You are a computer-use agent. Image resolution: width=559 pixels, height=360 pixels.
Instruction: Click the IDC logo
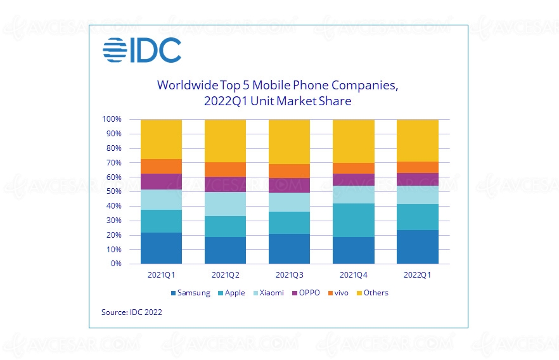(142, 51)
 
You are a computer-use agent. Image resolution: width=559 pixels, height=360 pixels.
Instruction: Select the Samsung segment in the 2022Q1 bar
(417, 247)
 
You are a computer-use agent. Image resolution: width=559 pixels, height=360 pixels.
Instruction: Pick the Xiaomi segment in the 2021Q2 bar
(225, 204)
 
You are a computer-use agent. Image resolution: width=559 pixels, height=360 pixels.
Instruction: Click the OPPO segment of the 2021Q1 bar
(161, 181)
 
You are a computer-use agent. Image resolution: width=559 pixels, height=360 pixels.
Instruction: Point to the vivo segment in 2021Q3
(289, 171)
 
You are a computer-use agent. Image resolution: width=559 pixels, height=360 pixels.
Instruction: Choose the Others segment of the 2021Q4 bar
(353, 141)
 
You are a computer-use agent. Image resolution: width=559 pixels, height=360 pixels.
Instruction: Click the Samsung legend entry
(190, 293)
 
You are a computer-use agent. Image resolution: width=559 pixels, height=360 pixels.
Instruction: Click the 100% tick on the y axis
(112, 119)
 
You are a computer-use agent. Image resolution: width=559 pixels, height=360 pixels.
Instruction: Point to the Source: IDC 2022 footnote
(131, 312)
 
